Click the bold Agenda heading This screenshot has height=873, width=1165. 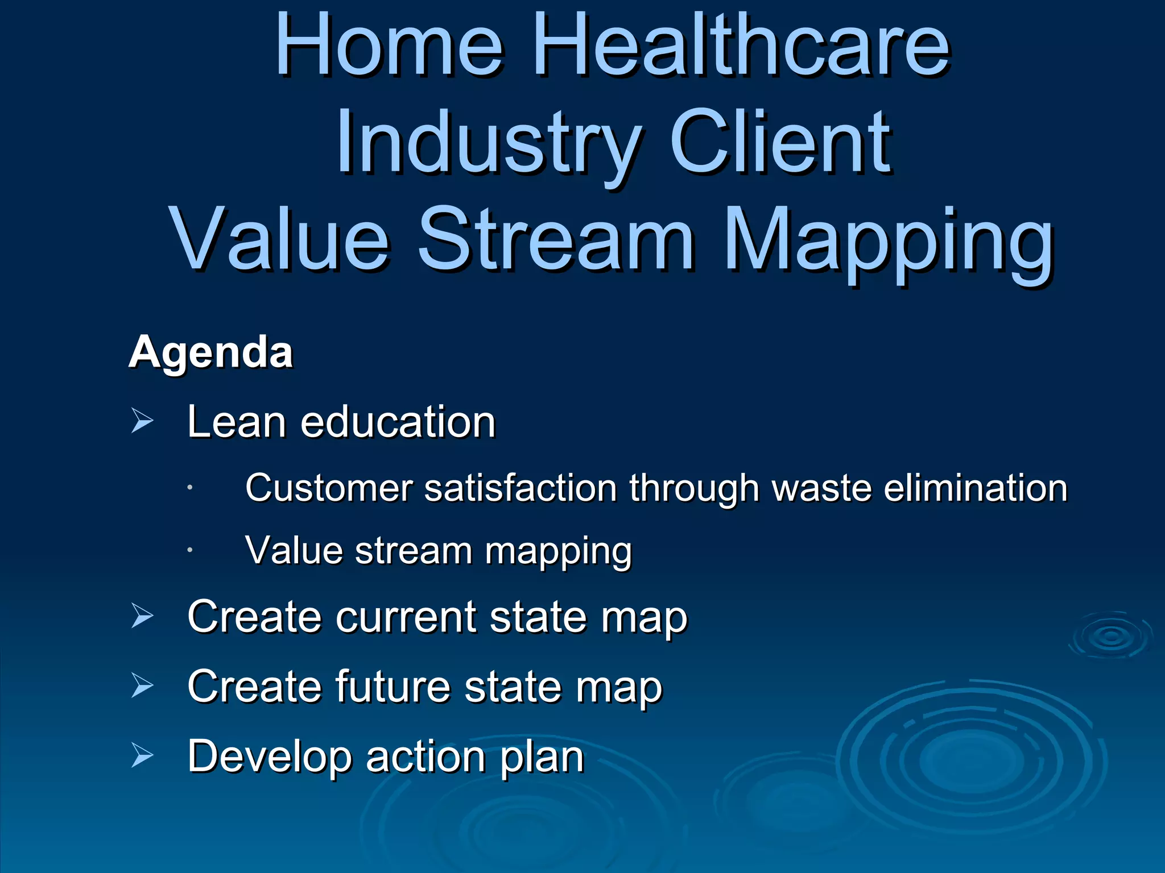tap(210, 352)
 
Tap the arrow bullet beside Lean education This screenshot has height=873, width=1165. tap(142, 421)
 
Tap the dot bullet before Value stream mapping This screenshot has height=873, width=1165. tap(190, 550)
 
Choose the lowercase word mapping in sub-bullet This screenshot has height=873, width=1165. tap(558, 553)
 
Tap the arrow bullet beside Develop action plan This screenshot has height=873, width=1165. tap(142, 755)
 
